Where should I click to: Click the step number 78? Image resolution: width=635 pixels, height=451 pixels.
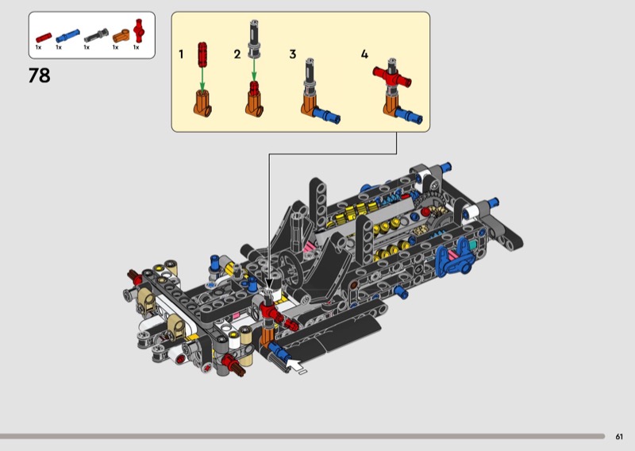click(x=39, y=75)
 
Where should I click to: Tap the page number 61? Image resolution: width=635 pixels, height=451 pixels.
click(x=619, y=437)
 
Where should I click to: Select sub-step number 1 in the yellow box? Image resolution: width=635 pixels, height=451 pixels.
click(x=181, y=54)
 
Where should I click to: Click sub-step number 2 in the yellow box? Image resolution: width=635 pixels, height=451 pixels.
click(x=237, y=54)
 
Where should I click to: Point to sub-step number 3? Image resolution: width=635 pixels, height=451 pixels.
click(x=293, y=54)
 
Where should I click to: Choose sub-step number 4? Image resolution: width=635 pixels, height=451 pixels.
click(x=364, y=54)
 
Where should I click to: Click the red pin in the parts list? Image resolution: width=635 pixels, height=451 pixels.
click(x=44, y=37)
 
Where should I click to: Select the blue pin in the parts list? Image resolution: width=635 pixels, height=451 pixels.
click(x=67, y=36)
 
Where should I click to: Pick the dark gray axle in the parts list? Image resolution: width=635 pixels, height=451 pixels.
click(x=96, y=36)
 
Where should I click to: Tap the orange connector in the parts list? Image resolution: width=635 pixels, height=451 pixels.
click(x=121, y=36)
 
